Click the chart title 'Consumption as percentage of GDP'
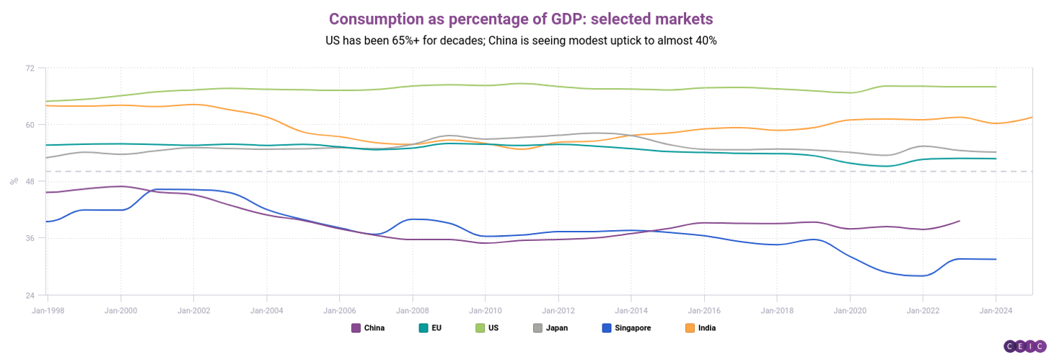pyautogui.click(x=521, y=18)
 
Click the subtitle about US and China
pyautogui.click(x=521, y=40)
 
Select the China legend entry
pyautogui.click(x=368, y=328)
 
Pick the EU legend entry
pyautogui.click(x=430, y=328)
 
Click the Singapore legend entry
pyautogui.click(x=626, y=328)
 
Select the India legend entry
pyautogui.click(x=701, y=328)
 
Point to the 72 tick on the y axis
pyautogui.click(x=30, y=68)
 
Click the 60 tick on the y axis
pyautogui.click(x=30, y=125)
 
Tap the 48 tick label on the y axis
pyautogui.click(x=30, y=181)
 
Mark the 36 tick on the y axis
pyautogui.click(x=30, y=238)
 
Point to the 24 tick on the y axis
pyautogui.click(x=30, y=295)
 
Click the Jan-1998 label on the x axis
pyautogui.click(x=47, y=308)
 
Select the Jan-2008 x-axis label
pyautogui.click(x=412, y=308)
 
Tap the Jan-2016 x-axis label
pyautogui.click(x=703, y=308)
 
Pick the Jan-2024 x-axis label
pyautogui.click(x=996, y=308)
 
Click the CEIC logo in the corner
pyautogui.click(x=1024, y=346)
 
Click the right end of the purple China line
pyautogui.click(x=959, y=221)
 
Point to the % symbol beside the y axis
pyautogui.click(x=14, y=181)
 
